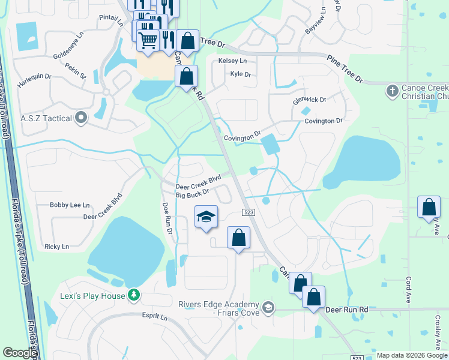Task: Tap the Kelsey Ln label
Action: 232,61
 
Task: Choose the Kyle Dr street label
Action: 240,74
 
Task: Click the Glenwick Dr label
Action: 310,100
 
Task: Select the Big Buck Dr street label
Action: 192,193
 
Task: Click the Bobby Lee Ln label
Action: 70,205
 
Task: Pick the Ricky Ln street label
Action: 56,247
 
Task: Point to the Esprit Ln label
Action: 155,316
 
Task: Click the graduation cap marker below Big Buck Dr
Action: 206,217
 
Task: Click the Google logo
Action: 20,353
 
